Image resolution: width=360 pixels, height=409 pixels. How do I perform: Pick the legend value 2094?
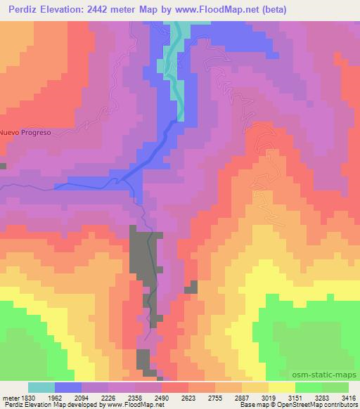pyautogui.click(x=94, y=397)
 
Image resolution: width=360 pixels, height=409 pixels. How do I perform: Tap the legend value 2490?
pyautogui.click(x=174, y=397)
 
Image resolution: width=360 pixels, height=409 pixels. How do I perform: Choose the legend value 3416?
pyautogui.click(x=349, y=397)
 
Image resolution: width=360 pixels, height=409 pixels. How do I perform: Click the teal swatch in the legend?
pyautogui.click(x=41, y=387)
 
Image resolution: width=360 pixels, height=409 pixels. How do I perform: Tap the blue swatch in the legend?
pyautogui.click(x=68, y=387)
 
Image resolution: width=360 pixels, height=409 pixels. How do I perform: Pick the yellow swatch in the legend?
pyautogui.click(x=281, y=387)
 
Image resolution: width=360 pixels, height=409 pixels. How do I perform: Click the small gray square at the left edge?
pyautogui.click(x=3, y=166)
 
